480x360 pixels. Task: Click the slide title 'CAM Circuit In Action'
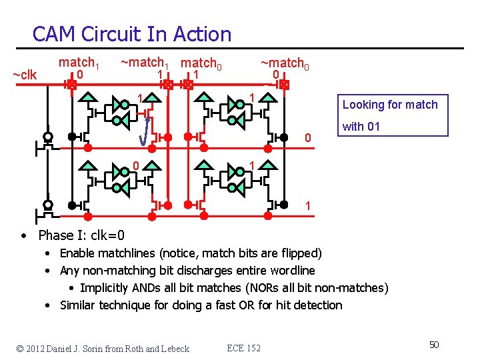(131, 34)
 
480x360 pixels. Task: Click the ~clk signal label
(25, 75)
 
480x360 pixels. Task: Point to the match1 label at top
(79, 63)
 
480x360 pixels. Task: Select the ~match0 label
(283, 63)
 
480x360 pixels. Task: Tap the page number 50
(433, 344)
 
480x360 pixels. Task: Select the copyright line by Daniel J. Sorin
(103, 348)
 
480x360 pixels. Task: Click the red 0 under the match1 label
(80, 75)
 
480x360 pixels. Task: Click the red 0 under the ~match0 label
(275, 75)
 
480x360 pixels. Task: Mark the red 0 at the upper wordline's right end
(307, 139)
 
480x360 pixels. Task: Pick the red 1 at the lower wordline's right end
(307, 206)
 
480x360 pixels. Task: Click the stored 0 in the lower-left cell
(135, 165)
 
